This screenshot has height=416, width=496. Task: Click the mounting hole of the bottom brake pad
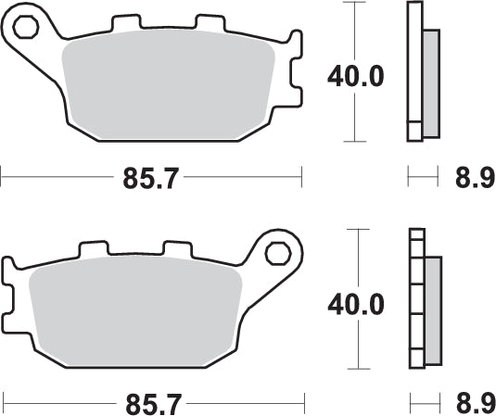point(277,253)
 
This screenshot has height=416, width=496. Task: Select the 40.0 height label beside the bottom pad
point(355,304)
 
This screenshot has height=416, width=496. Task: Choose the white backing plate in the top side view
point(414,72)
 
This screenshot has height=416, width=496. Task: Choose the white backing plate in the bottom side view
point(416,298)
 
